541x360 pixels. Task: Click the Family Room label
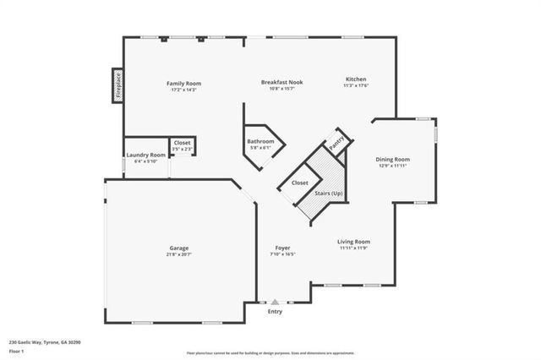183,83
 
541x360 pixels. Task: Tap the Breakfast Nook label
281,82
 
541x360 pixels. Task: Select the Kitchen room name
355,79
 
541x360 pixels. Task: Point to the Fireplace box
117,85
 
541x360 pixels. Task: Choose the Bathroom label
260,141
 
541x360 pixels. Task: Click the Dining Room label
393,159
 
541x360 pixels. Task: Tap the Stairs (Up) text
329,194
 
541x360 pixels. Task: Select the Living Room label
354,241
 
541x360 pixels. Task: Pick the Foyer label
282,248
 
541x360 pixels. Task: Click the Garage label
178,248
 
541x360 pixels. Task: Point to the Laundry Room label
145,155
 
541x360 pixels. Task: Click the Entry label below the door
276,312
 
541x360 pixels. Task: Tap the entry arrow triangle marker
275,301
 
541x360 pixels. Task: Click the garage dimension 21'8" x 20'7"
178,254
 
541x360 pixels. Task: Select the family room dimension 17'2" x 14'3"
183,90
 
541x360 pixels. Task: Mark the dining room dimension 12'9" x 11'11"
393,166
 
